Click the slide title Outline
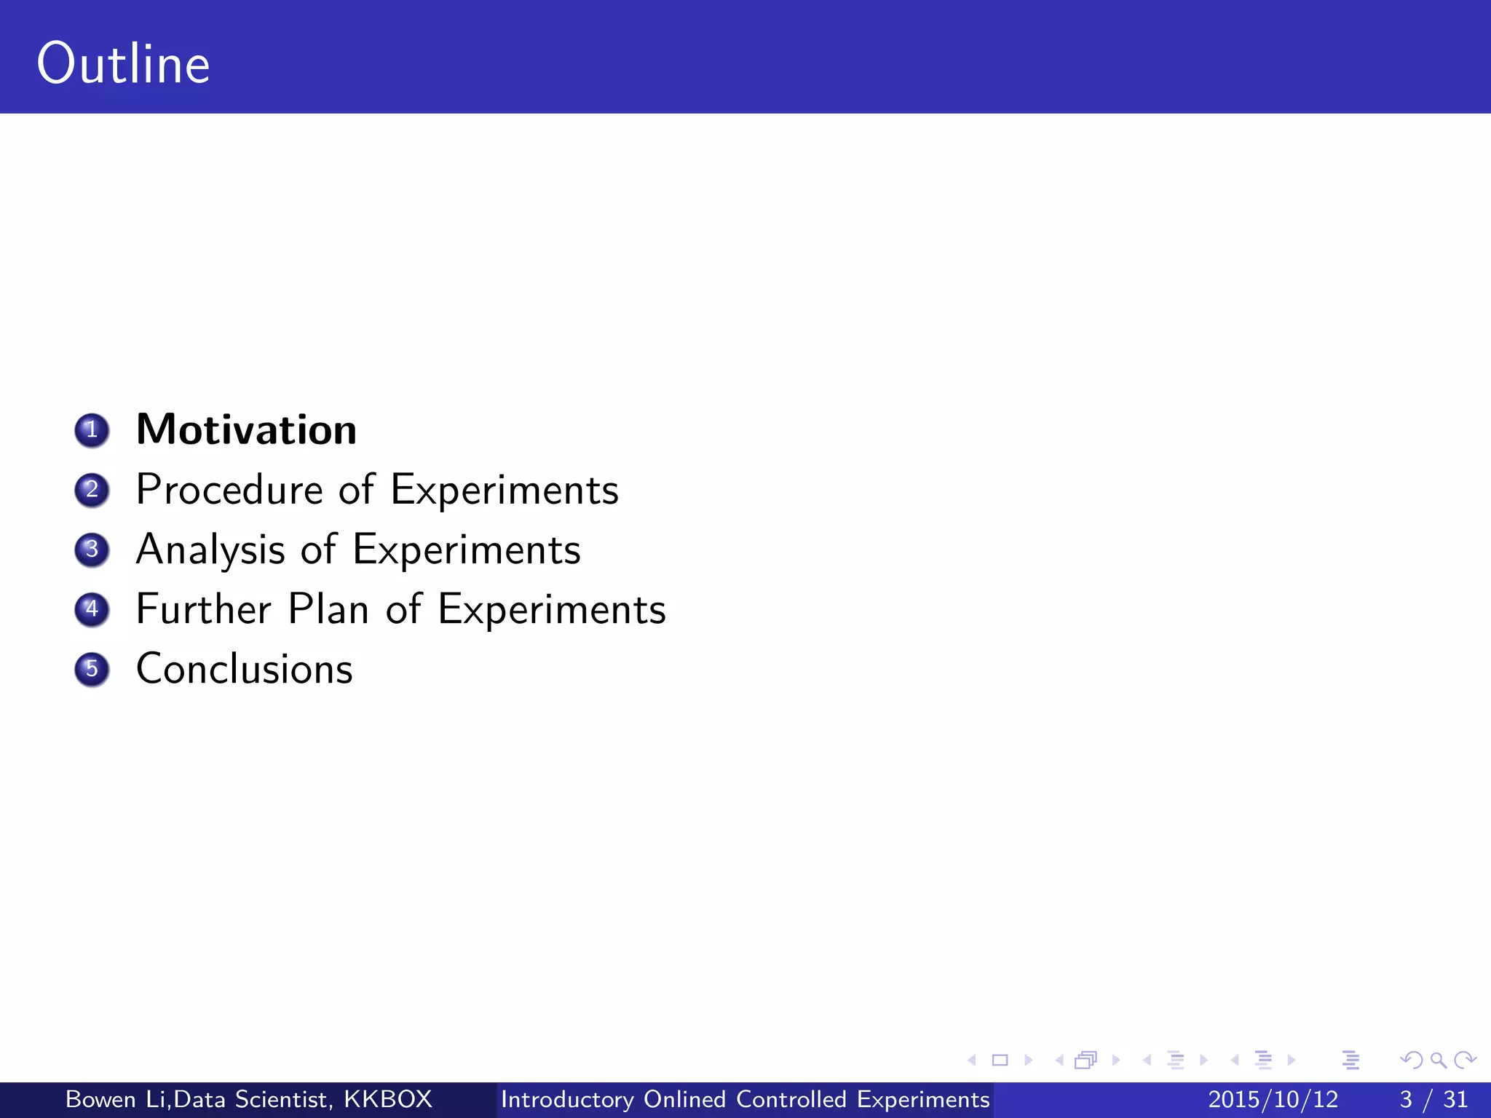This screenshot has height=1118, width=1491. tap(123, 64)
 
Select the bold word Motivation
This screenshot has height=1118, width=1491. tap(246, 429)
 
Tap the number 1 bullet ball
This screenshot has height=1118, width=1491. tap(92, 430)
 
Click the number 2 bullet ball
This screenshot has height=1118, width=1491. tap(92, 490)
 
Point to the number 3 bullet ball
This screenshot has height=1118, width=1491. tap(92, 550)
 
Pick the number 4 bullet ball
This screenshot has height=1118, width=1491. tap(92, 609)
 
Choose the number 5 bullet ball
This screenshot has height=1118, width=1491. tap(92, 669)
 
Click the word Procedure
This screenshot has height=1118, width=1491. tap(229, 489)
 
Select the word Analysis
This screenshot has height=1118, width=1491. tap(210, 550)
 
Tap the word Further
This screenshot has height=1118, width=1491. tap(204, 608)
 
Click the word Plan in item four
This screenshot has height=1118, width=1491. tap(328, 608)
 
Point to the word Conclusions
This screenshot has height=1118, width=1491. tap(245, 669)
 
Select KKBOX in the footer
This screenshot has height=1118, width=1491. tap(388, 1099)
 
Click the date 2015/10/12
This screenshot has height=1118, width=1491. tap(1273, 1099)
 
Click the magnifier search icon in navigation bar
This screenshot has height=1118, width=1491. tap(1438, 1060)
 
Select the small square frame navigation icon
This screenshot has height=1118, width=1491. tap(1000, 1060)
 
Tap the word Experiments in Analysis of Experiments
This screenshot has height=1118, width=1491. tap(467, 550)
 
